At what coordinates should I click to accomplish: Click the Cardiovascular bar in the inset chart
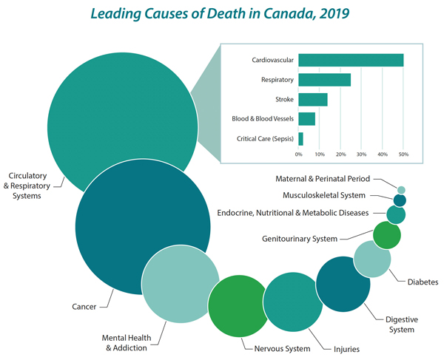pyautogui.click(x=351, y=61)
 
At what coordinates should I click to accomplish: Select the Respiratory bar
pyautogui.click(x=324, y=80)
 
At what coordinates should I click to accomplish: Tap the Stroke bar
pyautogui.click(x=312, y=99)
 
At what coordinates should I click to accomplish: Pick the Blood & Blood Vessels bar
pyautogui.click(x=306, y=119)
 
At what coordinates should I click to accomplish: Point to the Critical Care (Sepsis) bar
pyautogui.click(x=300, y=138)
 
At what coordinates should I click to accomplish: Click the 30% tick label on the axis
pyautogui.click(x=361, y=154)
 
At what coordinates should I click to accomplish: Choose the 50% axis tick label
pyautogui.click(x=403, y=154)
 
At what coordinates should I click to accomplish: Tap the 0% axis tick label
pyautogui.click(x=298, y=154)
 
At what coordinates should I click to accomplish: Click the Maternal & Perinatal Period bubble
pyautogui.click(x=401, y=190)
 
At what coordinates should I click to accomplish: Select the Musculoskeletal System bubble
pyautogui.click(x=400, y=200)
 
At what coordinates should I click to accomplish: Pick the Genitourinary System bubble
pyautogui.click(x=386, y=235)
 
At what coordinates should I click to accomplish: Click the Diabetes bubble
pyautogui.click(x=372, y=259)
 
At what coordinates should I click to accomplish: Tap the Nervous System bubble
pyautogui.click(x=237, y=305)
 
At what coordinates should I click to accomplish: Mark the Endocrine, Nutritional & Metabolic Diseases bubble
pyautogui.click(x=396, y=214)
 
